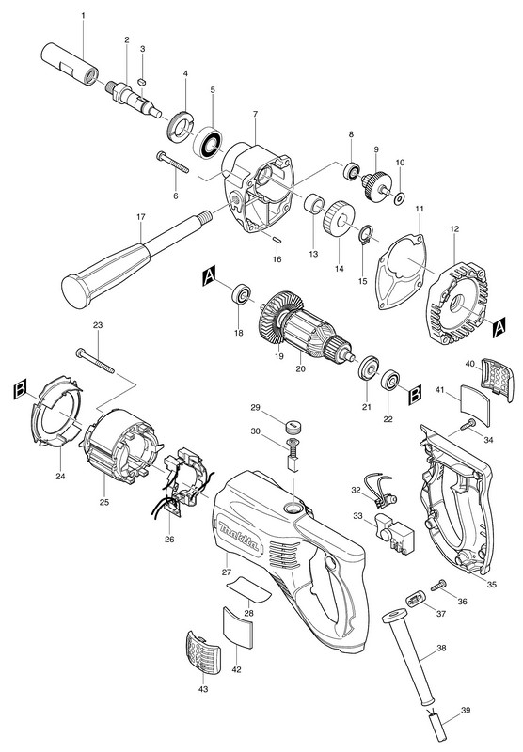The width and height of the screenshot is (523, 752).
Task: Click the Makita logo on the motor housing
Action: click(x=239, y=534)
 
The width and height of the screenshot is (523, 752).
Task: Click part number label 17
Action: click(x=140, y=217)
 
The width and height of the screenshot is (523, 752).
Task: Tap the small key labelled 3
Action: click(x=141, y=82)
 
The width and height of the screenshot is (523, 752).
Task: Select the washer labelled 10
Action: click(x=399, y=198)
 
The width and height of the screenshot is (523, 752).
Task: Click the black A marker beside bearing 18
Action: click(x=210, y=276)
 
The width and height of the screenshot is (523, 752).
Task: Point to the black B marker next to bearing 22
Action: click(x=415, y=396)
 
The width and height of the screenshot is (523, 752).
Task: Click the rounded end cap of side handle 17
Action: click(x=75, y=291)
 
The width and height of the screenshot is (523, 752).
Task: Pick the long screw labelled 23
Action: click(x=96, y=360)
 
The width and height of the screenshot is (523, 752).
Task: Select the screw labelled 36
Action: click(x=438, y=585)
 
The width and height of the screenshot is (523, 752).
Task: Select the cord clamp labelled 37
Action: click(x=416, y=599)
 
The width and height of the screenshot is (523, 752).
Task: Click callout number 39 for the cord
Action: click(x=466, y=711)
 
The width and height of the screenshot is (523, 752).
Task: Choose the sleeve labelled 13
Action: click(x=313, y=203)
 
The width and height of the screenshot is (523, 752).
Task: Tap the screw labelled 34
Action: click(x=468, y=425)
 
